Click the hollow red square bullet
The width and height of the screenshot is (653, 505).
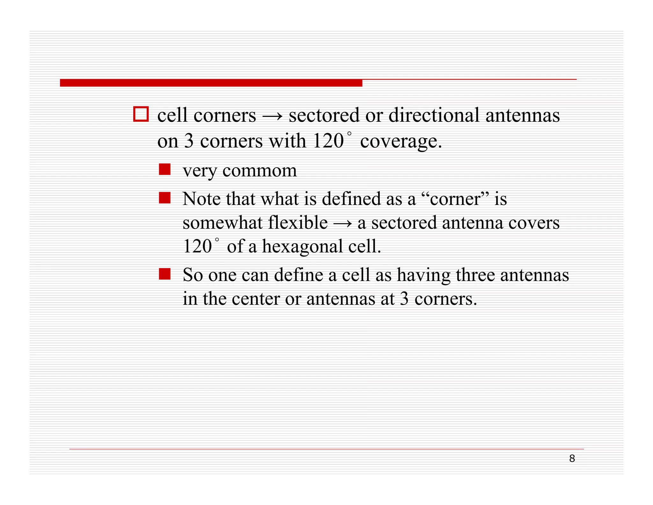coord(141,114)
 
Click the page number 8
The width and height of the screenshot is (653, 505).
coord(572,459)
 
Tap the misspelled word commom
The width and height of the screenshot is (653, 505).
coord(260,170)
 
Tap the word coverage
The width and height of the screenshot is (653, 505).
coord(401,141)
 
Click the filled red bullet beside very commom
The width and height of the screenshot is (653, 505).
coord(165,169)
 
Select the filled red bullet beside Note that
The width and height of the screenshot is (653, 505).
coord(165,198)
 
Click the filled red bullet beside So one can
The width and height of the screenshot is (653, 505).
coord(165,274)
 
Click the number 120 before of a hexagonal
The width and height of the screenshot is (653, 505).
coord(197,246)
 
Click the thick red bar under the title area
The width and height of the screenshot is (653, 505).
coord(211,83)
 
